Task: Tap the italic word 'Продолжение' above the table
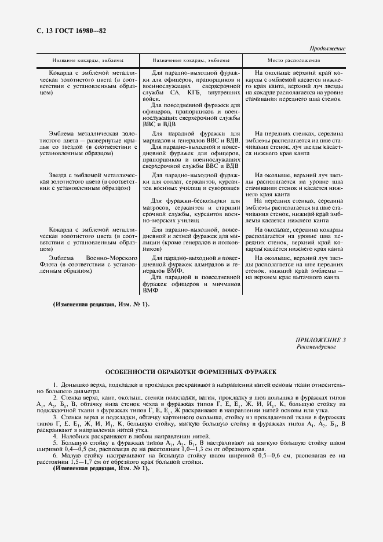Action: coord(327,49)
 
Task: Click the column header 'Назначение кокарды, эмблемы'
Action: coord(191,60)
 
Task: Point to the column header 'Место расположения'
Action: coord(294,60)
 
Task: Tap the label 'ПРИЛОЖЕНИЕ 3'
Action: coord(320,340)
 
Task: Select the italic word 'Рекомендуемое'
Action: coord(316,347)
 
